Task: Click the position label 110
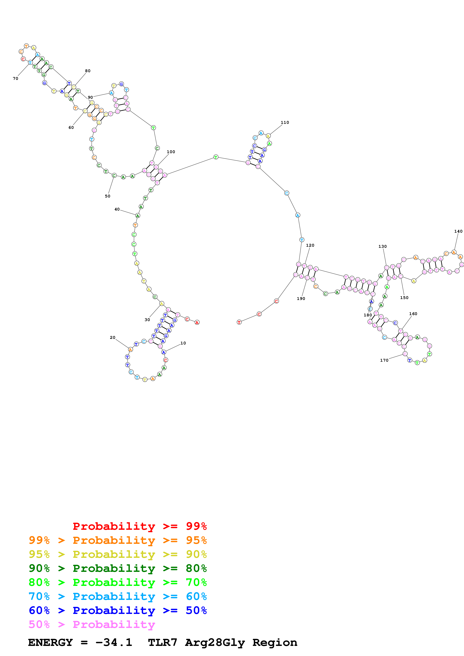click(x=285, y=122)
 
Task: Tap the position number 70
click(x=15, y=79)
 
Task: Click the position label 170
click(x=384, y=360)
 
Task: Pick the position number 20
click(x=113, y=337)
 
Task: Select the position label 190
click(x=301, y=299)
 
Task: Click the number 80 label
click(x=88, y=71)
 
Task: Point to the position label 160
click(x=413, y=314)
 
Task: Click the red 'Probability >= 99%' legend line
click(x=139, y=526)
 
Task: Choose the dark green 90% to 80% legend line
click(x=118, y=568)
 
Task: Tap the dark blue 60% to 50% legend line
click(x=118, y=610)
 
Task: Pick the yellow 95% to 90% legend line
click(x=118, y=554)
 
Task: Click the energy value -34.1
click(x=114, y=643)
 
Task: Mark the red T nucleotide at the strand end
click(x=239, y=322)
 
